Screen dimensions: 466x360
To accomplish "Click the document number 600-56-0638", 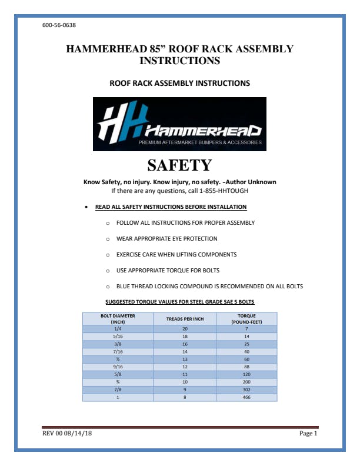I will [59, 25].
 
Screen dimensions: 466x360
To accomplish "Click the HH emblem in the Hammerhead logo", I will [121, 122].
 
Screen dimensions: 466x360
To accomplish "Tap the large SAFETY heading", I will [179, 165].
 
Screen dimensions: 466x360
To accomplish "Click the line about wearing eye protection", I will [166, 239].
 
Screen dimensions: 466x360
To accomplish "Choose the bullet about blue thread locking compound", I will [209, 287].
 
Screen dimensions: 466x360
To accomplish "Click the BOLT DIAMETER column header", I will [118, 318].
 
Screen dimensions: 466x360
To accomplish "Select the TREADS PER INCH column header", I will [185, 318].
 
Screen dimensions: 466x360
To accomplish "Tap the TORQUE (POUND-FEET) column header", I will [246, 318].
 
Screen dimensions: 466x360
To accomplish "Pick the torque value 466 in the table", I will [246, 398].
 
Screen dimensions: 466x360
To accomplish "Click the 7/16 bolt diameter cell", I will [118, 351].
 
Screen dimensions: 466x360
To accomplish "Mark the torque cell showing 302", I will [246, 390].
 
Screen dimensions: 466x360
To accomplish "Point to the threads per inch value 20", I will [185, 328].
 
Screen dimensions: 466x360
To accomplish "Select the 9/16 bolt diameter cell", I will [118, 367].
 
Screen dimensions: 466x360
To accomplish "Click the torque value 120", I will [246, 374].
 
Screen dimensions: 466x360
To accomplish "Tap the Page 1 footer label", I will [308, 434].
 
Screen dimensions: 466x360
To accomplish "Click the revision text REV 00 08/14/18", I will [67, 434].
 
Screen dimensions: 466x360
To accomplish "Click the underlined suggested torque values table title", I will [179, 302].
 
